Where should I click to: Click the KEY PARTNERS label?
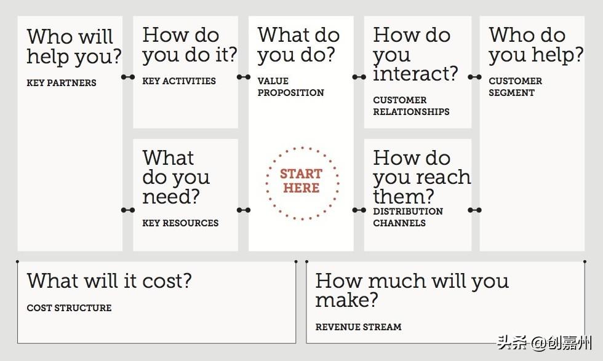tap(62, 82)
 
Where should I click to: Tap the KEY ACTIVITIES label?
tap(179, 81)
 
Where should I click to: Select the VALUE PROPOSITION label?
tap(290, 87)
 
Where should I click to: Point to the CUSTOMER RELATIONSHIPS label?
tap(411, 106)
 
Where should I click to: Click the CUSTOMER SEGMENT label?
tap(516, 87)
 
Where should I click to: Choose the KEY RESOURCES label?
tap(180, 223)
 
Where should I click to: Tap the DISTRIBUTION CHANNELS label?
tap(408, 217)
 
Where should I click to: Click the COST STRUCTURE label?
tap(69, 308)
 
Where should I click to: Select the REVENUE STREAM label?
tap(358, 327)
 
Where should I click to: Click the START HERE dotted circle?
tap(302, 147)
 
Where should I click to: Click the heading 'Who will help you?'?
tap(74, 47)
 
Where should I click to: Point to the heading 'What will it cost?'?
tap(110, 280)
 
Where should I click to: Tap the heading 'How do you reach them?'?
tap(422, 177)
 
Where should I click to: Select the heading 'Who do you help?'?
tap(536, 45)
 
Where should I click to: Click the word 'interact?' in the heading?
tap(415, 73)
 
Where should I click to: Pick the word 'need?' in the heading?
tap(171, 196)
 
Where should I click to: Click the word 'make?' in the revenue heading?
tap(346, 300)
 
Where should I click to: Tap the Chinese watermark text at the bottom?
tap(544, 343)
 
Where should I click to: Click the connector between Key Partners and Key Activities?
tap(128, 77)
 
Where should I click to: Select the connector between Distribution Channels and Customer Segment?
tap(474, 210)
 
